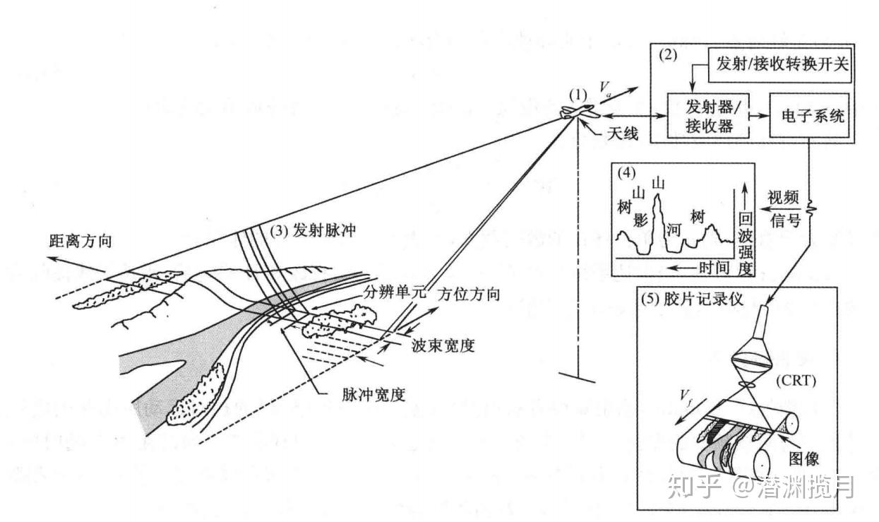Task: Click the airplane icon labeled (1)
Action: (579, 114)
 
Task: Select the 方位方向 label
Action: (470, 295)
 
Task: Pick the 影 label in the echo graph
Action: (640, 218)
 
